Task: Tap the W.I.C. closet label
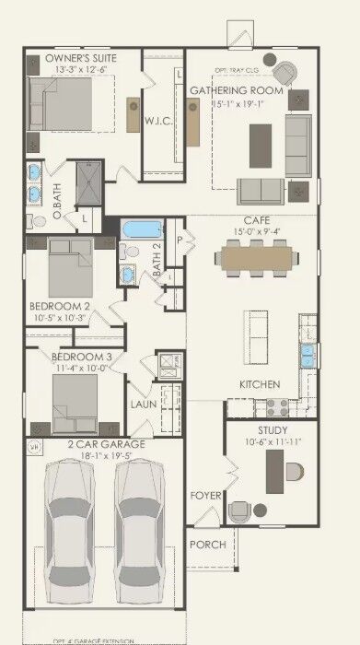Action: (154, 121)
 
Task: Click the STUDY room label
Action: (273, 430)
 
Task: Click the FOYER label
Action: (205, 496)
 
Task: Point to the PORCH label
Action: (207, 545)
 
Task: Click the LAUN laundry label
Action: (142, 403)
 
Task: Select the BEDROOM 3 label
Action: (81, 357)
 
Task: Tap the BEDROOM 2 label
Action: (60, 306)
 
